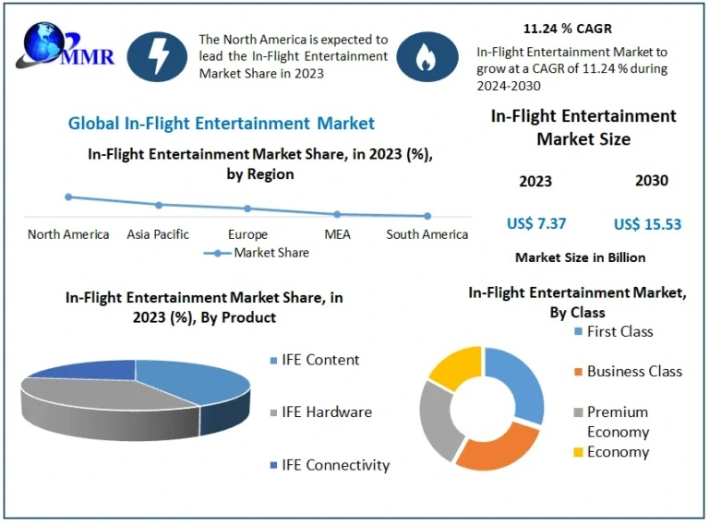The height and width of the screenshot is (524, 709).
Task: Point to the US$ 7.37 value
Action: coord(536,223)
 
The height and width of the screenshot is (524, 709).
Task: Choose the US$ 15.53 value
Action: coord(647,224)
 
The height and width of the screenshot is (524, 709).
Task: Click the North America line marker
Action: coord(68,196)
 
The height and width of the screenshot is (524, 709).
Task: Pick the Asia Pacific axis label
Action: coord(158,234)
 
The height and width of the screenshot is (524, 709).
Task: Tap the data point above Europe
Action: coord(247,208)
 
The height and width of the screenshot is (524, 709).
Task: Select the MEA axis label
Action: coord(337,234)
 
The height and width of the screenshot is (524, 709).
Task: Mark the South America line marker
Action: coord(427,216)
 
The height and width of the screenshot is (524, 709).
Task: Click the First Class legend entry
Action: coord(619,331)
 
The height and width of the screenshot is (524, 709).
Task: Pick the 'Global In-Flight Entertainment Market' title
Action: coord(222,123)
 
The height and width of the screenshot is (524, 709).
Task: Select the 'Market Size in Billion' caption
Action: coord(580,257)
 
